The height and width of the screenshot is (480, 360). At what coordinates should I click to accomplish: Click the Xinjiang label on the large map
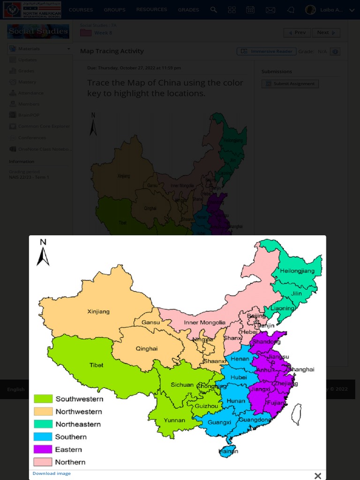coord(98,311)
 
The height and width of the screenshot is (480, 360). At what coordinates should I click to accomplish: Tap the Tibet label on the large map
coord(97,365)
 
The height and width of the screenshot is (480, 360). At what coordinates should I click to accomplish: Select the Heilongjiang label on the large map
coord(297,271)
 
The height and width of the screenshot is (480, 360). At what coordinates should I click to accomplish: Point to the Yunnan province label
coord(174,420)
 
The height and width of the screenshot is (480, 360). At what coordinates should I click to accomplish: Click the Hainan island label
coord(228,451)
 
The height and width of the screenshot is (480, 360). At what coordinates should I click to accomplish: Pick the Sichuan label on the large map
coord(182,385)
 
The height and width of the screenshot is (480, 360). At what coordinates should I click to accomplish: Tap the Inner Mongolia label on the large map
coord(204,322)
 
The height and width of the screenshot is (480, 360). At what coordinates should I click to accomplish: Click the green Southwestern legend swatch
coord(43,399)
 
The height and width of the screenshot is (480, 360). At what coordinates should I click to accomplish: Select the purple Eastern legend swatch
coord(43,450)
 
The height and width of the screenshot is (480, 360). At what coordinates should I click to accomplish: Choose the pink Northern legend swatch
coord(43,462)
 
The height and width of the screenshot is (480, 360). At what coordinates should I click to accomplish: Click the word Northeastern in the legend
coord(78,424)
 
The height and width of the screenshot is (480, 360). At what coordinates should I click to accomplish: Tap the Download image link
coord(52,473)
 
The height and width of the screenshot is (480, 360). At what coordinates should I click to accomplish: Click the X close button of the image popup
coord(318,476)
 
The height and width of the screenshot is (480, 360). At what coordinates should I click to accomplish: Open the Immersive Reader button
coord(266,52)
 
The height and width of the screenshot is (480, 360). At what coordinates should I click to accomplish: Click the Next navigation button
coord(327,33)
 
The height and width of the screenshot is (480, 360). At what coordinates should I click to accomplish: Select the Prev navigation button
coord(297,33)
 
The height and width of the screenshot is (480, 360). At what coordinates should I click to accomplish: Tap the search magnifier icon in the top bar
coord(214,10)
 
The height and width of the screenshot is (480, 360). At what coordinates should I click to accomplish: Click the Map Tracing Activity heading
coord(112,51)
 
